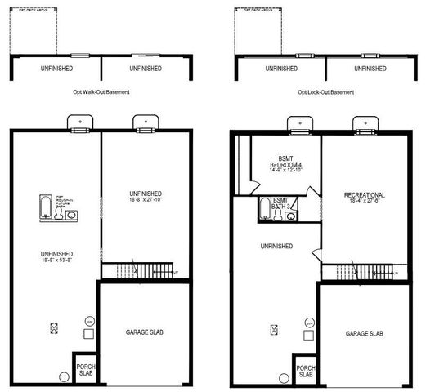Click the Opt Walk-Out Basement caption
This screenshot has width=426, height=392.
point(101,92)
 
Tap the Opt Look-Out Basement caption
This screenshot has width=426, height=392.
point(325,92)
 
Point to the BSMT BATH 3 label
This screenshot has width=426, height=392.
point(280,203)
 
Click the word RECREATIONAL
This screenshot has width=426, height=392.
point(364,195)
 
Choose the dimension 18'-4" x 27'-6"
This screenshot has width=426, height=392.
point(364,203)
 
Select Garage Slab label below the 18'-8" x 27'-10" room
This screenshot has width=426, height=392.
point(144,333)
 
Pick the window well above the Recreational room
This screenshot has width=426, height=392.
point(363,125)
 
